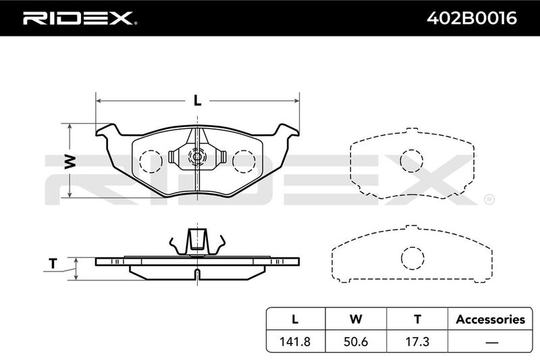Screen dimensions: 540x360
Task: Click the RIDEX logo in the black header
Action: [80, 18]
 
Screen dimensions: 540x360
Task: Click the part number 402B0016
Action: [472, 18]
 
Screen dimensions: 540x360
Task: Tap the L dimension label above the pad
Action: [197, 101]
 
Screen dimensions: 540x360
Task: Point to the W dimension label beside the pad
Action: [70, 161]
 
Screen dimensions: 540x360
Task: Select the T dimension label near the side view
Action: [53, 263]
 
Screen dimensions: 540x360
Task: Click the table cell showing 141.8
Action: [295, 341]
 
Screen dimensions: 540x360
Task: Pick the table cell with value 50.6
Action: [356, 341]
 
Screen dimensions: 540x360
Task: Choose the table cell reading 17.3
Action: [417, 341]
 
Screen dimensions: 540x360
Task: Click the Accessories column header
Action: [491, 319]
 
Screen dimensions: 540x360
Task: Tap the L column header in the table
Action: [295, 319]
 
